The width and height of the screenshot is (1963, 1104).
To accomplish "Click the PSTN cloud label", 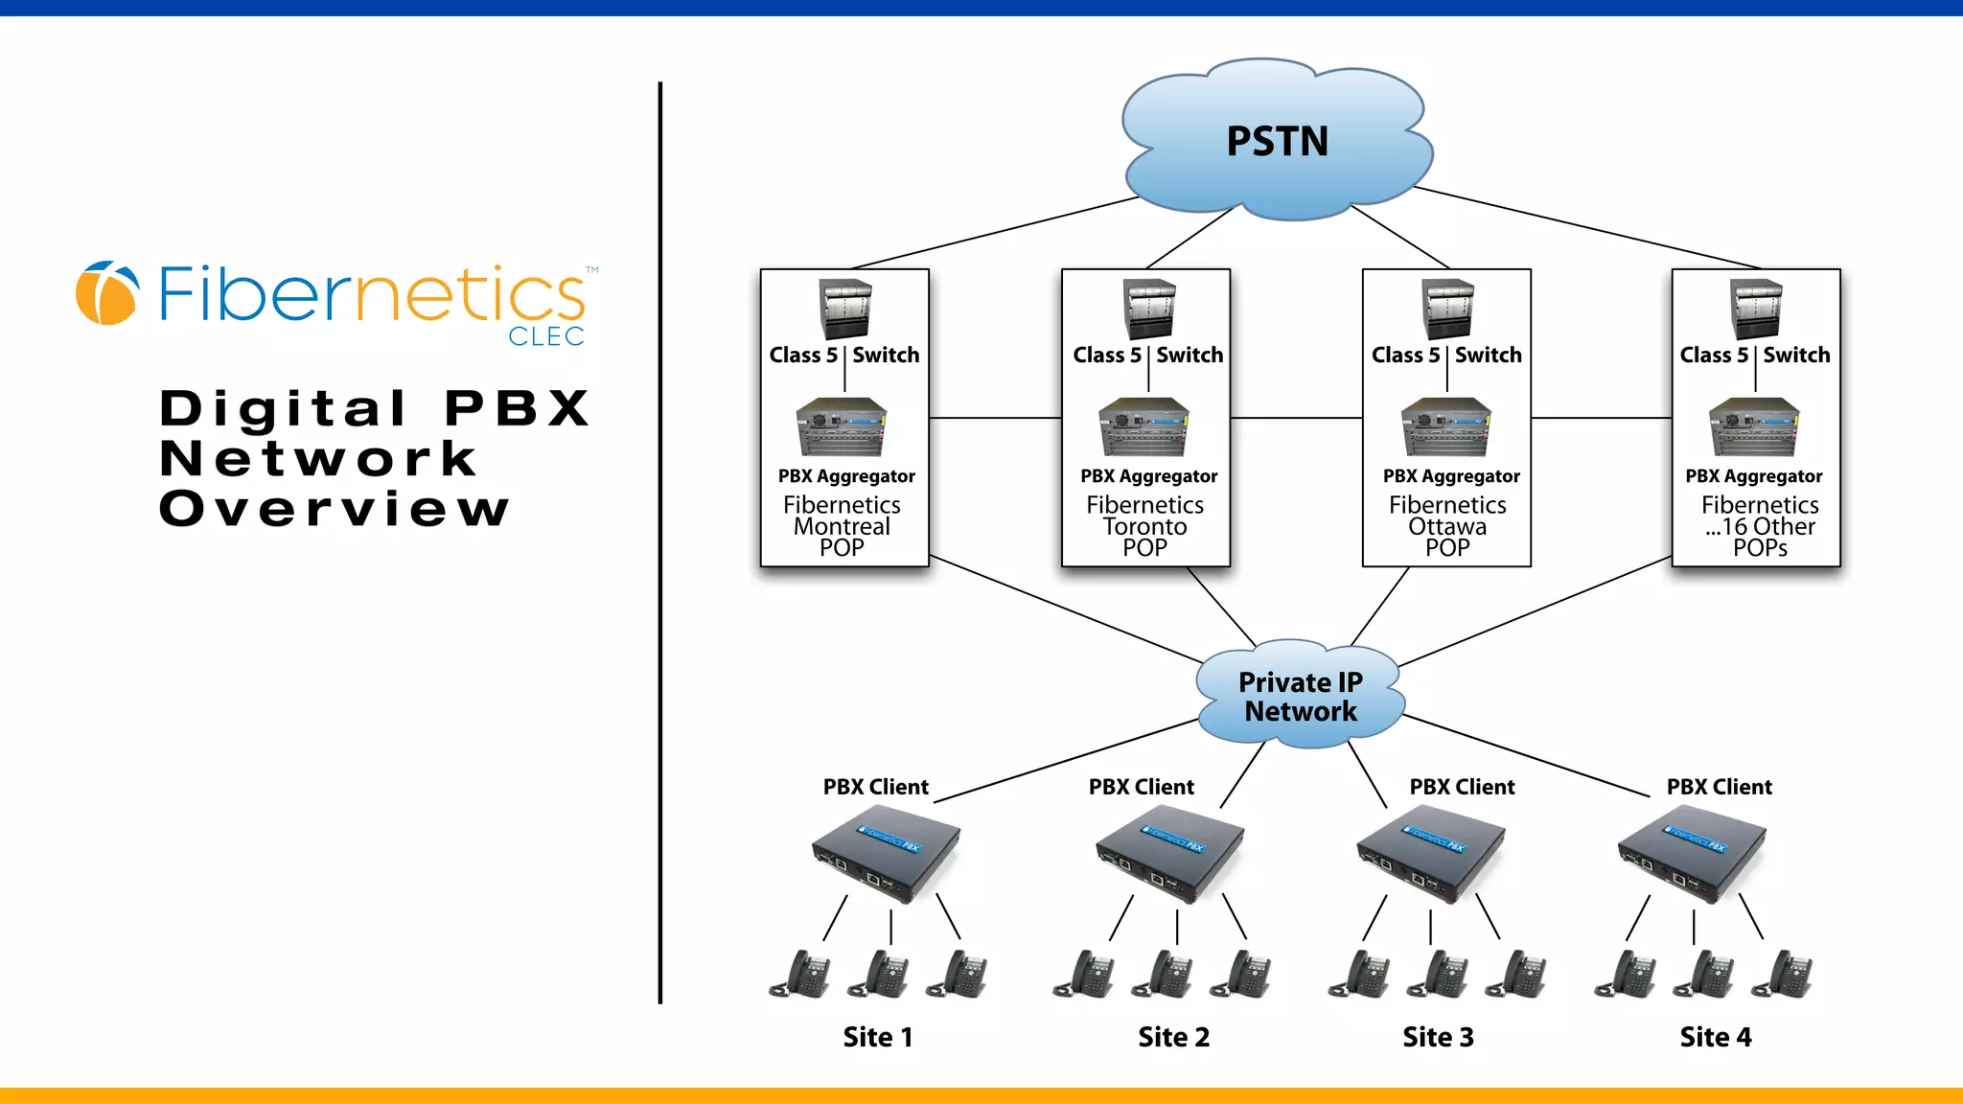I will (x=1277, y=142).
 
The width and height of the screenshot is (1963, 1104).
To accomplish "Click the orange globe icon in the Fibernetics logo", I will (x=106, y=293).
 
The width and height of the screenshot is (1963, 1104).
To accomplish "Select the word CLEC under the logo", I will (x=545, y=336).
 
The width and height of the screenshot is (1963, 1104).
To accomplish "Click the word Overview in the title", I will (x=334, y=509).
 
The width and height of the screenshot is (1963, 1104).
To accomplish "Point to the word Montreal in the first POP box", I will (x=842, y=526).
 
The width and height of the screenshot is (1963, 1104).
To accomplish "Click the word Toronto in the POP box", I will (x=1144, y=526).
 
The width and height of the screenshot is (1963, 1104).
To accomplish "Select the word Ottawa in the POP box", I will (x=1447, y=526).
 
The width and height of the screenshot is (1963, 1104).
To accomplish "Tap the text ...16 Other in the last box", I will (x=1760, y=526).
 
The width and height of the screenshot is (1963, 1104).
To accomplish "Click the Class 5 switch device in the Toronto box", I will (x=1148, y=309).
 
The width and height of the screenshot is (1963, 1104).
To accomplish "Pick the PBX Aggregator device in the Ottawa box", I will (x=1446, y=427).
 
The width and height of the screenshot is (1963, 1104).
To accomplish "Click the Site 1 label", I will (x=877, y=1037).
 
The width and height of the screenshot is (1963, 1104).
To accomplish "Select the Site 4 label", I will (x=1715, y=1037).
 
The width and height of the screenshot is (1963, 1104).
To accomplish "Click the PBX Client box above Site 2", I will (x=1170, y=858).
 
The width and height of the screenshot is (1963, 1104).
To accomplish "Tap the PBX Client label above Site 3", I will (x=1462, y=787).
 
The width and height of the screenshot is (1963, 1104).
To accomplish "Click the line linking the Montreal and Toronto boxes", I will (x=995, y=418).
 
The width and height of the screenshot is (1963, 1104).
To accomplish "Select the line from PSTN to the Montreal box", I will (x=997, y=233).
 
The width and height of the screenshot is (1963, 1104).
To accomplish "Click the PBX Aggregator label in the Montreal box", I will (x=846, y=476).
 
